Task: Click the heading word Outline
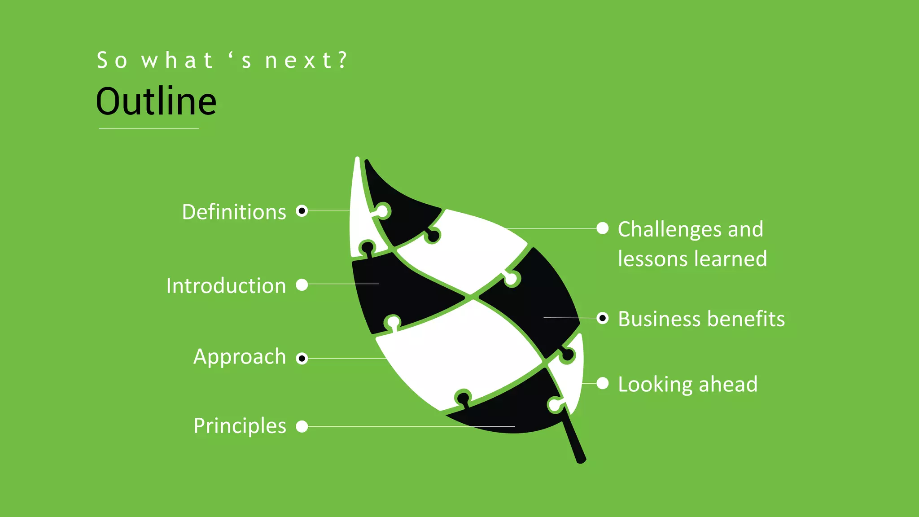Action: pyautogui.click(x=156, y=102)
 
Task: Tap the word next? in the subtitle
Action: pyautogui.click(x=306, y=61)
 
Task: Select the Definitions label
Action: pyautogui.click(x=234, y=212)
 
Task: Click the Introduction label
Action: pyautogui.click(x=226, y=286)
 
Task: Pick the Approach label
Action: pyautogui.click(x=240, y=357)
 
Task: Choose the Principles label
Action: pyautogui.click(x=240, y=426)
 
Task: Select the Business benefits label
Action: pyautogui.click(x=701, y=319)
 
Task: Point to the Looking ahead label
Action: pyautogui.click(x=687, y=385)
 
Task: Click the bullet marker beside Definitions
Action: pyautogui.click(x=302, y=210)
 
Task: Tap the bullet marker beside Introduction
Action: pyautogui.click(x=302, y=285)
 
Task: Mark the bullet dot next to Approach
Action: pyautogui.click(x=302, y=358)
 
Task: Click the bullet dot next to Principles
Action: pyautogui.click(x=302, y=426)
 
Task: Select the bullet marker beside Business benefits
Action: pyautogui.click(x=603, y=318)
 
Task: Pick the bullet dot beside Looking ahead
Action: pyautogui.click(x=603, y=384)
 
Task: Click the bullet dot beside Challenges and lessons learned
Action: pyautogui.click(x=603, y=228)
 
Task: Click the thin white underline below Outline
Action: pyautogui.click(x=149, y=129)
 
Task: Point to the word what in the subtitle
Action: pyautogui.click(x=177, y=61)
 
